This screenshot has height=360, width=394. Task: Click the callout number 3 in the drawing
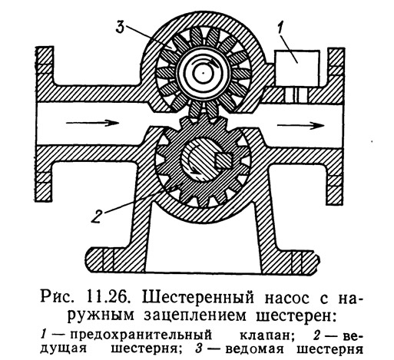pyautogui.click(x=120, y=27)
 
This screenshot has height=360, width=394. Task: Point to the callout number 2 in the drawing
pyautogui.click(x=97, y=216)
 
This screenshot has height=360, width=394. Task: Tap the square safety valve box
pyautogui.click(x=296, y=68)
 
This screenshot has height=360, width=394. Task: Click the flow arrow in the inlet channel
pyautogui.click(x=92, y=123)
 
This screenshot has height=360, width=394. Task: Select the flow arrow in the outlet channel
pyautogui.click(x=300, y=125)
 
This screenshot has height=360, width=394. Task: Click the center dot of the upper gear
pyautogui.click(x=203, y=73)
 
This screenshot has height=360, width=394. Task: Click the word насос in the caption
pyautogui.click(x=287, y=299)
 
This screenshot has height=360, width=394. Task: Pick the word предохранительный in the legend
pyautogui.click(x=141, y=335)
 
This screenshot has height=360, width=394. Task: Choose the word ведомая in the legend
pyautogui.click(x=254, y=349)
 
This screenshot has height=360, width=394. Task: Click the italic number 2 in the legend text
pyautogui.click(x=317, y=335)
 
